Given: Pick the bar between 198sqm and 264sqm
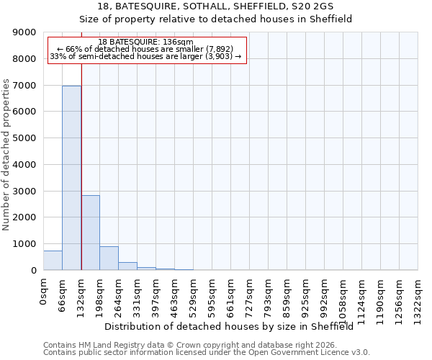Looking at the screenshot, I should (x=109, y=258).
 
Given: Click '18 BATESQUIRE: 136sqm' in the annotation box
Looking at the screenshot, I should (x=145, y=42).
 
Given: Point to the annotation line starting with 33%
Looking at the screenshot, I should (x=145, y=56).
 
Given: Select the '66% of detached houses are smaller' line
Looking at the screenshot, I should (x=145, y=49).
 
